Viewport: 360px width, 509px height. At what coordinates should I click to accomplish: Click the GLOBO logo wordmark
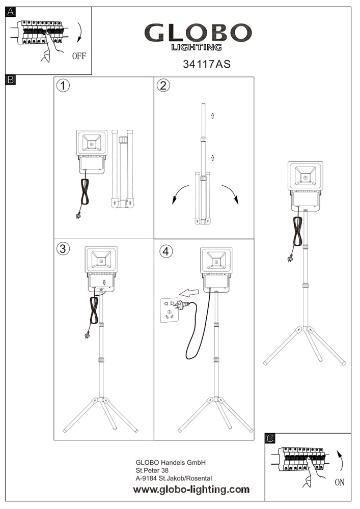(199, 34)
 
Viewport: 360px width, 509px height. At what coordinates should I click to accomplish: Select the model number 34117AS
(203, 65)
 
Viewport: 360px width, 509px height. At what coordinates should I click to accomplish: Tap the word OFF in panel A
(79, 56)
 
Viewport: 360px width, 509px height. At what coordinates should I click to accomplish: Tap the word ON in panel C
(340, 483)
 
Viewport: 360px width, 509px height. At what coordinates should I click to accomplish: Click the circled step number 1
(63, 86)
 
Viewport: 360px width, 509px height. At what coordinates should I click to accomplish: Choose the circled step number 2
(162, 86)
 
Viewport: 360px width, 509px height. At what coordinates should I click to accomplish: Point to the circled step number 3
(63, 248)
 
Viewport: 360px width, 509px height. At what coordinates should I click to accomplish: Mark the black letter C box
(270, 438)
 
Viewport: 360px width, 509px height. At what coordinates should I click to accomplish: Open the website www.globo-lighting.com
(191, 490)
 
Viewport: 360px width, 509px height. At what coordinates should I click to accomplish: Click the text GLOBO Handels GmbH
(170, 463)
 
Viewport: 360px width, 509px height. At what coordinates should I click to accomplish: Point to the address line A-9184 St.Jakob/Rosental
(174, 478)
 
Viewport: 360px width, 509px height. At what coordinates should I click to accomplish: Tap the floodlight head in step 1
(92, 143)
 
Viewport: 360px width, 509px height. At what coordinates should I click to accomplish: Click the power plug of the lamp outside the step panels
(291, 258)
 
